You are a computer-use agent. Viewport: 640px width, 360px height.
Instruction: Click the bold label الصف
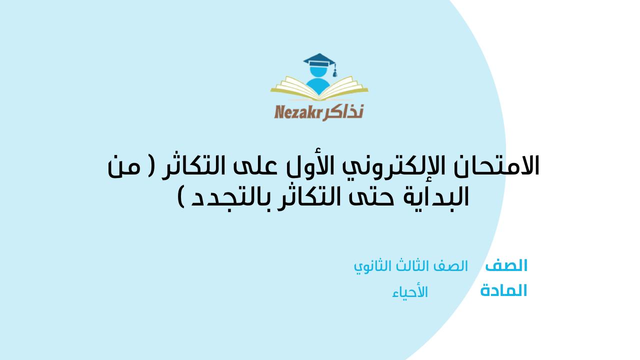(x=506, y=265)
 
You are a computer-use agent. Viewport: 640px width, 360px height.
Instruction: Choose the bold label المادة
(x=503, y=290)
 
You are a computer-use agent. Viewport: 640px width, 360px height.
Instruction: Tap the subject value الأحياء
(x=410, y=292)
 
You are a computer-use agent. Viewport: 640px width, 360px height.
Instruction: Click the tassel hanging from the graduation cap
(x=334, y=71)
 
